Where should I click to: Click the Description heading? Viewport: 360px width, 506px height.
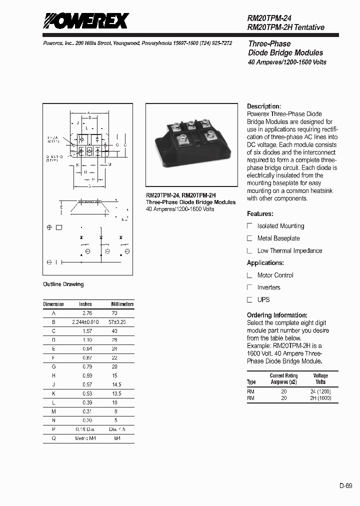point(263,106)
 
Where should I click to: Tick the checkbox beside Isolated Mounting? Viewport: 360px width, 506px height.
point(250,226)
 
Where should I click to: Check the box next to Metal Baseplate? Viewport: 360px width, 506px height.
point(250,238)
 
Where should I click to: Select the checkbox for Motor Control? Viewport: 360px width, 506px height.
point(250,275)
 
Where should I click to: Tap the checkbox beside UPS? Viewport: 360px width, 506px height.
point(250,300)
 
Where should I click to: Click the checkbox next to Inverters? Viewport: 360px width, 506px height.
point(250,287)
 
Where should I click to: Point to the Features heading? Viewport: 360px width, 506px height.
point(260,214)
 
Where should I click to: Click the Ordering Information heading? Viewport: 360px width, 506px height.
point(277,315)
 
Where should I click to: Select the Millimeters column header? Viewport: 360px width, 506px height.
point(122,304)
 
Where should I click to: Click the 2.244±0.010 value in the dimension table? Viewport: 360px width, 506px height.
point(85,322)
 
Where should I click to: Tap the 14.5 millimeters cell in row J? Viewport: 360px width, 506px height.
point(116,385)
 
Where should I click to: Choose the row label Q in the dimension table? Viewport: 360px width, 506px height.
point(53,438)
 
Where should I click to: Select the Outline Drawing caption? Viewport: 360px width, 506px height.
point(63,284)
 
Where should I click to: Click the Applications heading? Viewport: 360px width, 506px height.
point(265,263)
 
